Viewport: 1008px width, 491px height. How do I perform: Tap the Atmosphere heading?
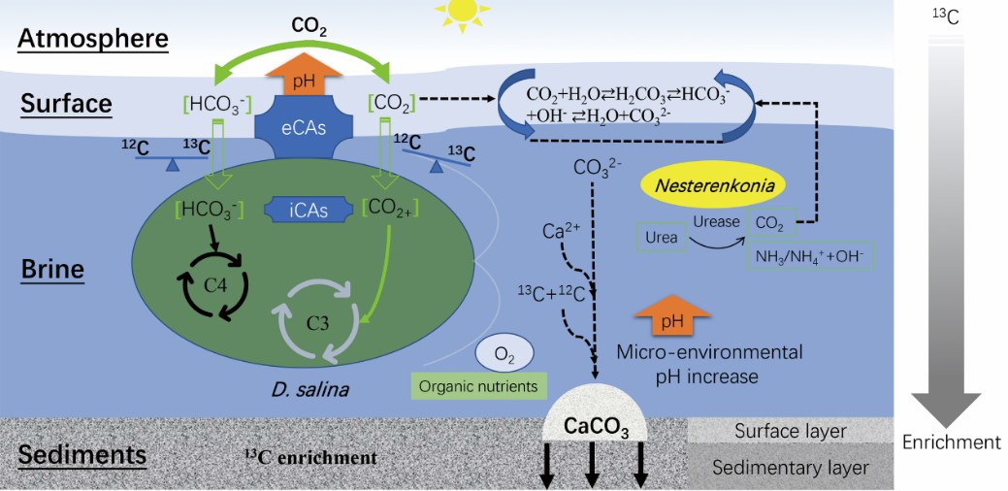coord(93,40)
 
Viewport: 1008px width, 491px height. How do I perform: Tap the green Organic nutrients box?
coord(477,386)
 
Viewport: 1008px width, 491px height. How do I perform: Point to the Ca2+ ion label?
coord(560,233)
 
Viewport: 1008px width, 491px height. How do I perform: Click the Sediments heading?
coord(83,454)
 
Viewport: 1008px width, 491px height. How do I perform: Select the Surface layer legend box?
coord(791,431)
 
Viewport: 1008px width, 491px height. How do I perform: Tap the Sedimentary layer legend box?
coord(791,467)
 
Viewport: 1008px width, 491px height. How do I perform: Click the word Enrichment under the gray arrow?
coord(951,442)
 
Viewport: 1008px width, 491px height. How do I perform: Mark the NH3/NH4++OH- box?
coord(807,256)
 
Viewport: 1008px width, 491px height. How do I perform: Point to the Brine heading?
coord(52,269)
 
